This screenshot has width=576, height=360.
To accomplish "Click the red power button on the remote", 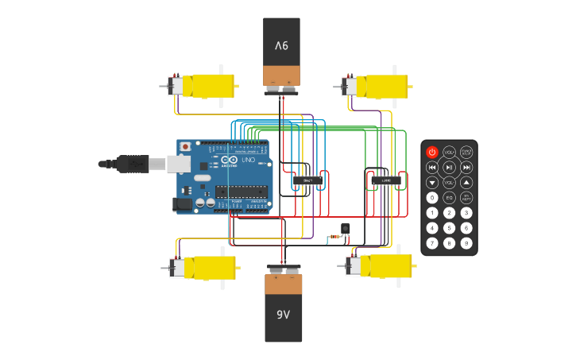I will pos(432,152).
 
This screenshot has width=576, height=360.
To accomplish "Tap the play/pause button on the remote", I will pos(450,167).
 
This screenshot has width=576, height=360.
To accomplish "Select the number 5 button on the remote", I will pos(450,228).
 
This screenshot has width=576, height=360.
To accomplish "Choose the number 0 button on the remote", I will pos(432,197).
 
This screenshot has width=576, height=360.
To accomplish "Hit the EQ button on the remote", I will pos(450,197).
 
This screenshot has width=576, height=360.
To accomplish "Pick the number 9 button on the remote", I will pos(467,243).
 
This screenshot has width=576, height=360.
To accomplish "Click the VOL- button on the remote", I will pos(450,182).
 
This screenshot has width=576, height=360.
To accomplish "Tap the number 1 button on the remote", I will pos(432,213).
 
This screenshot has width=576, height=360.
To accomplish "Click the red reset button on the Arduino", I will pos(185,146).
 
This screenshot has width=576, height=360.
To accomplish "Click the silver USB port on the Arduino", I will pos(177,164).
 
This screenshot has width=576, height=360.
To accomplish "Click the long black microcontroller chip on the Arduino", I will pos(241,192).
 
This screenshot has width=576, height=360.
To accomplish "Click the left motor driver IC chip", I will pos(308,181).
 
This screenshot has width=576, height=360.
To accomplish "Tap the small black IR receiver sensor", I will pos(345,229).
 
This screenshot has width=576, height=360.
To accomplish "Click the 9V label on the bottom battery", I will pos(283,314).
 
